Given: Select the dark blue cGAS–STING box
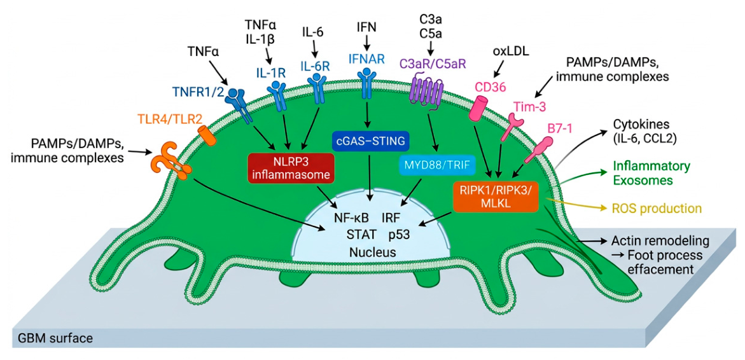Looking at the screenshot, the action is tap(371, 141).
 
